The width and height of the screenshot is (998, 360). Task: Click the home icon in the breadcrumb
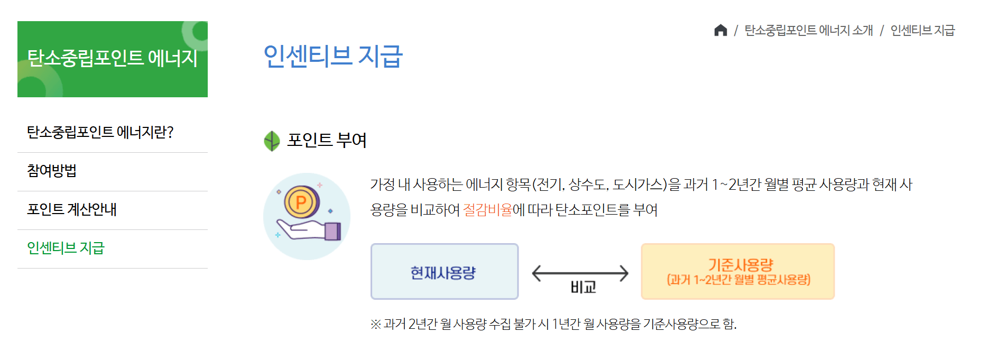pos(720,30)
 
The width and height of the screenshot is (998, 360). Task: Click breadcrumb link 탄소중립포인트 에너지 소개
pos(808,31)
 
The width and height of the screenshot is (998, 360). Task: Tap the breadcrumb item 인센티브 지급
pos(922,31)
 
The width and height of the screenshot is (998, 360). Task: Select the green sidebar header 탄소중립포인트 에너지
pos(112,59)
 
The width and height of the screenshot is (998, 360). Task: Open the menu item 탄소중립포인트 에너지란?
pos(100,132)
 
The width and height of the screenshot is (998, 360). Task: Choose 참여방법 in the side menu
pos(52,171)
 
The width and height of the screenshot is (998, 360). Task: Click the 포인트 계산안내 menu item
pos(72,209)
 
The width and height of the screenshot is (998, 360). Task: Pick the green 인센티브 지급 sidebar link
pos(66,248)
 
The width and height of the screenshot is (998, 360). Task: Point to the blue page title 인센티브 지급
pos(333,56)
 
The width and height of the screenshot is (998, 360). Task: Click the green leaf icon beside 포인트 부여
pos(272,141)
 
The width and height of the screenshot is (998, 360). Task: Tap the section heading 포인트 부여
pos(327,140)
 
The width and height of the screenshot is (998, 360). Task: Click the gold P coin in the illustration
pos(301,202)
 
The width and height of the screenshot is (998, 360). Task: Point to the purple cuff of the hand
pos(332,231)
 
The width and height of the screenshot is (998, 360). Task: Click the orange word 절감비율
pos(487,210)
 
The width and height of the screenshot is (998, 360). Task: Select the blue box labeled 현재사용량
pos(444,272)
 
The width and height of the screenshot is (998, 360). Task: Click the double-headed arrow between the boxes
pos(580,273)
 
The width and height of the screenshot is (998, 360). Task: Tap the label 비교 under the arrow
pos(583,287)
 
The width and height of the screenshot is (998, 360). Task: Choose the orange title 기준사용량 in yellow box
pos(740,264)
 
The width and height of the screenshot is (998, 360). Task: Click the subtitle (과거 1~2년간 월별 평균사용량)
pos(738,280)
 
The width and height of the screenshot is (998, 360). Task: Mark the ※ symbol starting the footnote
pos(375,324)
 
